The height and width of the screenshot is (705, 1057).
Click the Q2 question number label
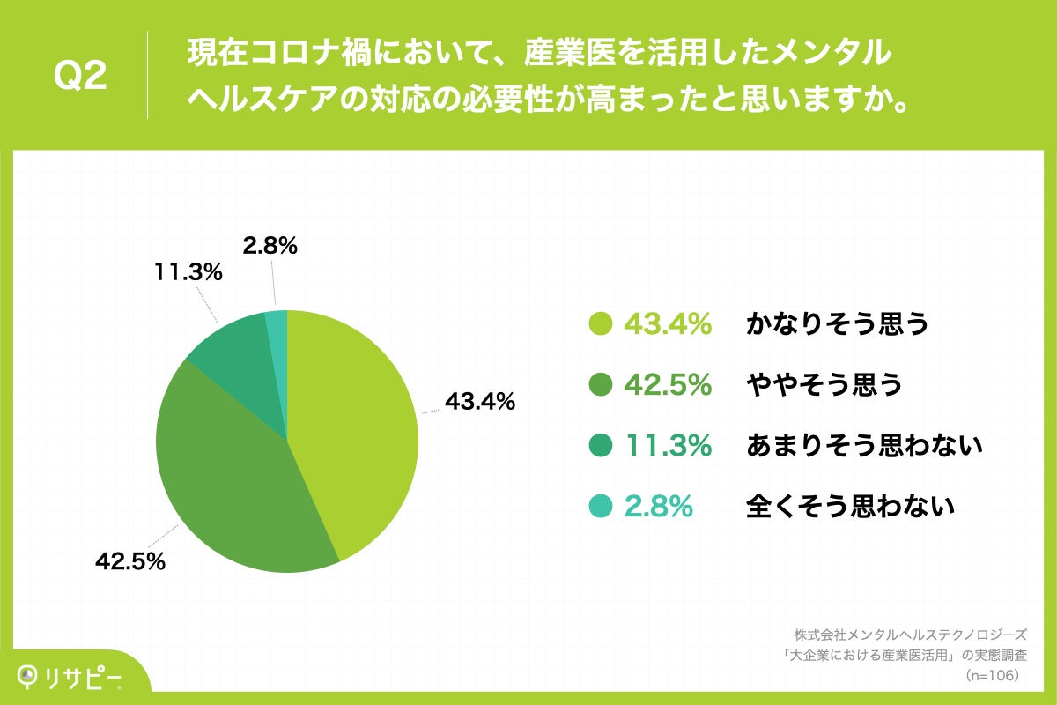[x=80, y=77]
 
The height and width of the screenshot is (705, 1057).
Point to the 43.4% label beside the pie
[x=479, y=402]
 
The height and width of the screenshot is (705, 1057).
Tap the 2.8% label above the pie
[x=270, y=247]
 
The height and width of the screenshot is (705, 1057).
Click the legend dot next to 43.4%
[x=600, y=324]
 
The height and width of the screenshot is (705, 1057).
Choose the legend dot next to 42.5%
[x=600, y=385]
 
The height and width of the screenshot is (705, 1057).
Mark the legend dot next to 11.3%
[x=600, y=446]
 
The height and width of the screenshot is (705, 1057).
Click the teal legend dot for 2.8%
[x=600, y=507]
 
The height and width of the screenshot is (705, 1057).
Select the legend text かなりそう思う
[x=838, y=324]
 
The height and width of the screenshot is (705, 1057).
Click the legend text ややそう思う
[x=824, y=385]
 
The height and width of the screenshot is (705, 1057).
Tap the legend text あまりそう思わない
[x=864, y=446]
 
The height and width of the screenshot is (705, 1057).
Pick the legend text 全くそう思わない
[x=851, y=507]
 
